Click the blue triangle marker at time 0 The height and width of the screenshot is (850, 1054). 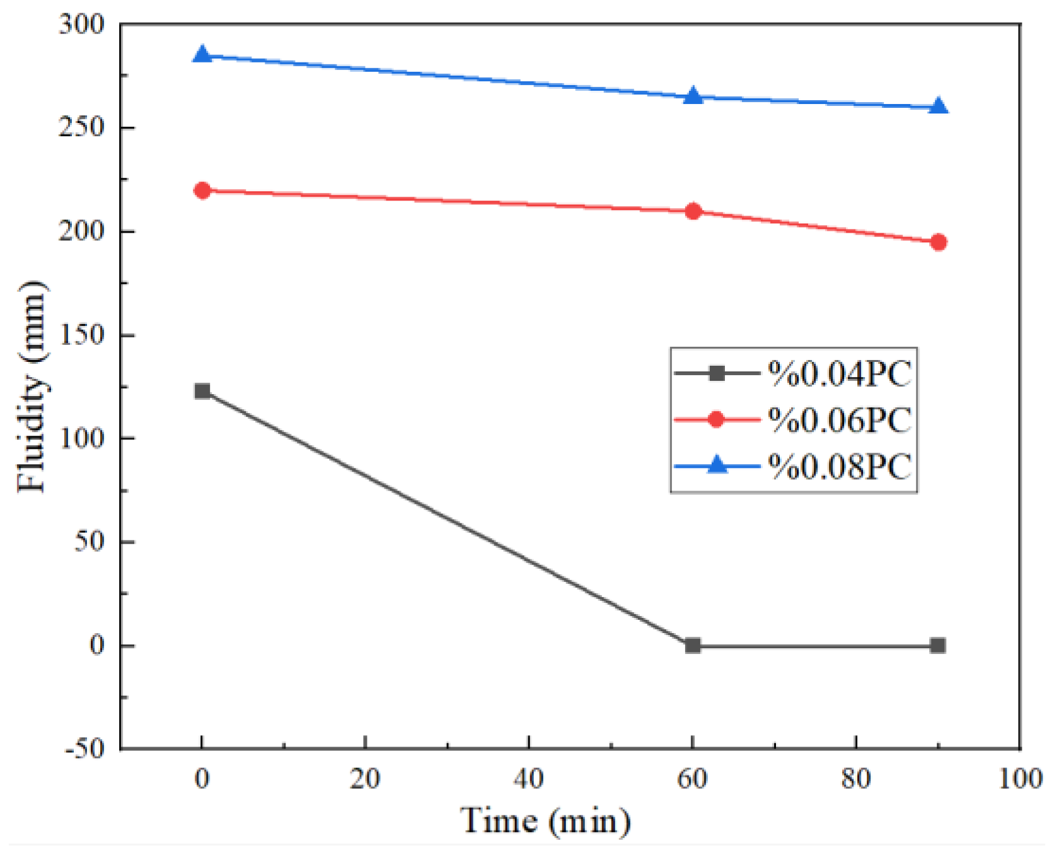pos(202,55)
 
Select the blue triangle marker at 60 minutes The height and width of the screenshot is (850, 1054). pos(693,96)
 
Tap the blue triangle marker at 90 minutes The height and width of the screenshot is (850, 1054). pos(938,107)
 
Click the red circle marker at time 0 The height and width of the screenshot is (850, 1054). pos(202,190)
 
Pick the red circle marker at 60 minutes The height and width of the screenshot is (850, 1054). pos(693,211)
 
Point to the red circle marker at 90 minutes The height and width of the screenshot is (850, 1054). pos(938,242)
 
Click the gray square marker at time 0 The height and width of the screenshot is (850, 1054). pos(202,391)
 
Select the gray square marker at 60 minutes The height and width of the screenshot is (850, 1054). pos(693,645)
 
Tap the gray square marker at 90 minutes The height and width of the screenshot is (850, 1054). pos(938,645)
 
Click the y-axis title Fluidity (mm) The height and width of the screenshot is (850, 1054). pos(32,386)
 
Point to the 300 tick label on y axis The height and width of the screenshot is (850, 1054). pos(81,25)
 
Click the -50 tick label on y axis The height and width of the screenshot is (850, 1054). pos(84,749)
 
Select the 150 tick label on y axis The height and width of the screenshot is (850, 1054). pos(81,335)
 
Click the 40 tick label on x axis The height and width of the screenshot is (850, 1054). pos(528,779)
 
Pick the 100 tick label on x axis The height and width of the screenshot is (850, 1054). pos(1020,779)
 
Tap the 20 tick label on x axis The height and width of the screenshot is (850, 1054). pos(365,779)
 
